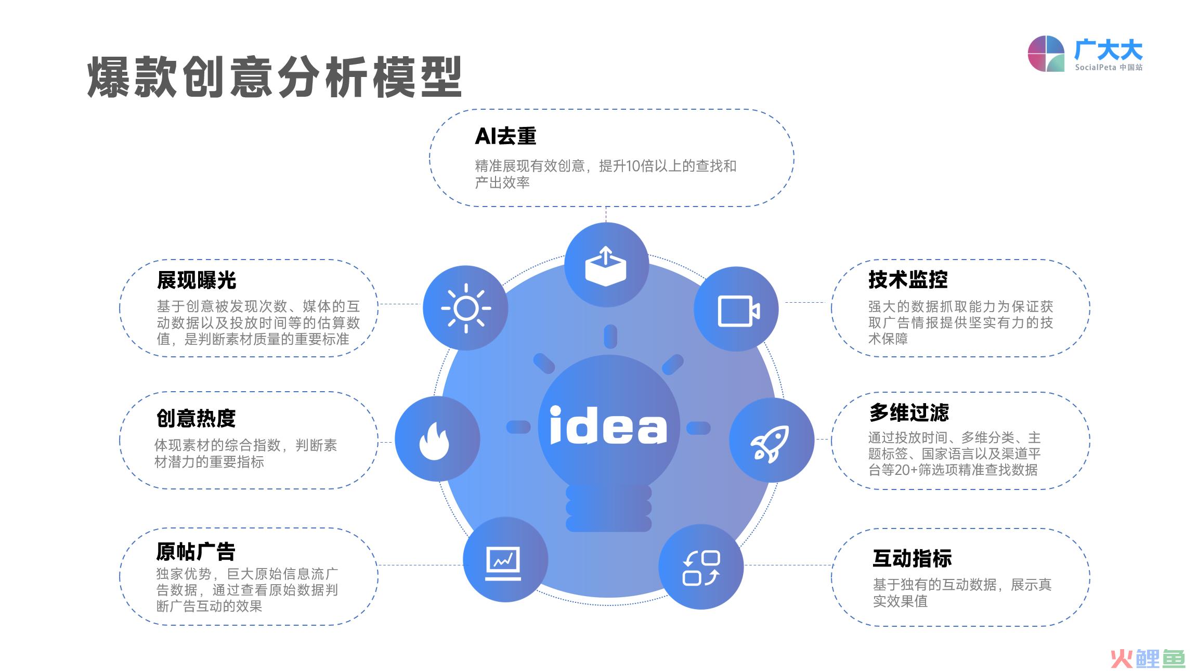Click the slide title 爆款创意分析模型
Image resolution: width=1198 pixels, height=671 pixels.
tap(275, 78)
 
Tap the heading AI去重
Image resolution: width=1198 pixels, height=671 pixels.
tap(505, 136)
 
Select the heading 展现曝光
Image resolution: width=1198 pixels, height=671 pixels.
tap(197, 280)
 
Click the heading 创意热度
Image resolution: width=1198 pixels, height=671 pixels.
tap(196, 418)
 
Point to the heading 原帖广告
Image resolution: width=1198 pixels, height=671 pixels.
tap(196, 551)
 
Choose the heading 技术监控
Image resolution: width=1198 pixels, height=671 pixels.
tap(908, 280)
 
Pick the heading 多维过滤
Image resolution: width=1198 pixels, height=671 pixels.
tap(909, 413)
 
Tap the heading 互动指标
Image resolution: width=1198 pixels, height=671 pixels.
tap(913, 558)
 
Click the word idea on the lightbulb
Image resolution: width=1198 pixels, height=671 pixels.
tap(608, 425)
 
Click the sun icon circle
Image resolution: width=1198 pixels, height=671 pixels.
tap(465, 308)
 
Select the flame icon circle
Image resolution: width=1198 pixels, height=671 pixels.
tap(437, 438)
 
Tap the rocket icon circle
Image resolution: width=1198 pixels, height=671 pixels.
tap(772, 440)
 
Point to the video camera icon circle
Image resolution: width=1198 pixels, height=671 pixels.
tap(736, 309)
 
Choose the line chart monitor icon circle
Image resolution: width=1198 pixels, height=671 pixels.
tap(505, 559)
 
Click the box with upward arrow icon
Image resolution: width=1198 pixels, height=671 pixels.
tap(606, 265)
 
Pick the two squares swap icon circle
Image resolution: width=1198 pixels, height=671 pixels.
tap(701, 566)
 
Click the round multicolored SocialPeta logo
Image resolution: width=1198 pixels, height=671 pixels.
tap(1046, 54)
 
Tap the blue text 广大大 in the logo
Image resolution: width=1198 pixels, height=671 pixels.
tap(1109, 50)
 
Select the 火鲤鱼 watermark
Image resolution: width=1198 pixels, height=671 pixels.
tap(1148, 659)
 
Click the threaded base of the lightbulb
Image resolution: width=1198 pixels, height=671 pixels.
tap(608, 508)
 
